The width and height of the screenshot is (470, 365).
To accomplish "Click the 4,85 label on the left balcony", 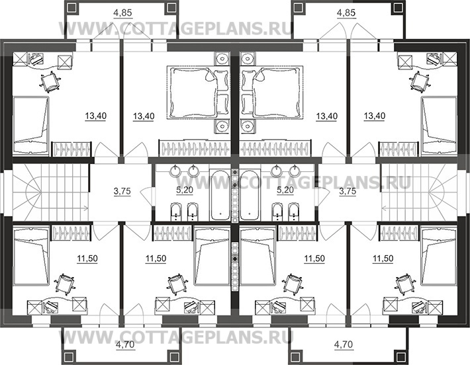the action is click(x=123, y=13).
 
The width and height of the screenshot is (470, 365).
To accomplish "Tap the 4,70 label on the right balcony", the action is click(x=344, y=345).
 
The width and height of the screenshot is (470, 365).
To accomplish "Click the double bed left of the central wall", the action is click(x=199, y=93).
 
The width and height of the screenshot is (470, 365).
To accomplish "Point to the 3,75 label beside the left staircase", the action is click(x=122, y=191).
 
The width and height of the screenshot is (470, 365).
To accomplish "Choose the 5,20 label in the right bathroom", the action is click(x=285, y=190).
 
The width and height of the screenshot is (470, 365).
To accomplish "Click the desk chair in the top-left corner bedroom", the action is click(x=50, y=81).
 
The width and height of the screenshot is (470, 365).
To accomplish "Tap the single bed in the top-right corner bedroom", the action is click(x=439, y=126).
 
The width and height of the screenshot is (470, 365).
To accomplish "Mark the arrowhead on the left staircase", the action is click(x=86, y=207).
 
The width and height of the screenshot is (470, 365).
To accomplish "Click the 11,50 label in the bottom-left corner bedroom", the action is click(x=87, y=259).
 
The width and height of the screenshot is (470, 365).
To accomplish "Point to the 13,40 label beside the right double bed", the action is click(x=327, y=116).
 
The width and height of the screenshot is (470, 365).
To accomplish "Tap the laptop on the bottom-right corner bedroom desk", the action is click(x=419, y=306).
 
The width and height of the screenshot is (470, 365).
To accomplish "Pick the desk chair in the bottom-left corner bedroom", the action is click(x=64, y=282).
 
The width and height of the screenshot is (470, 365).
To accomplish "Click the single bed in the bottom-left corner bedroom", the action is click(x=31, y=257).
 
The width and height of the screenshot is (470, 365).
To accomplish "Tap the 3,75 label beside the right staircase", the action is click(x=348, y=191).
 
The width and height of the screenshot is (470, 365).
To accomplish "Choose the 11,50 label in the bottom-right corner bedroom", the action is click(x=383, y=259).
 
